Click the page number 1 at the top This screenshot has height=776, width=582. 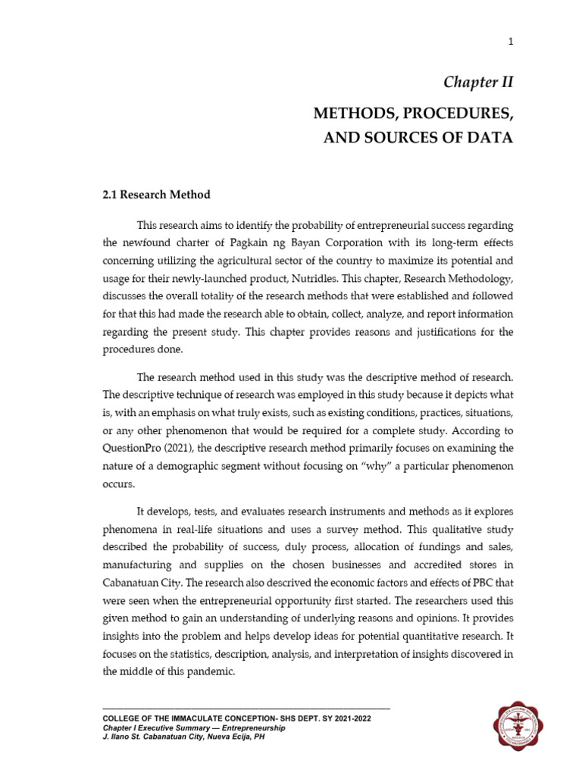[x=511, y=42]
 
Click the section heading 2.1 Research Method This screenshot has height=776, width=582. [x=157, y=195]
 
